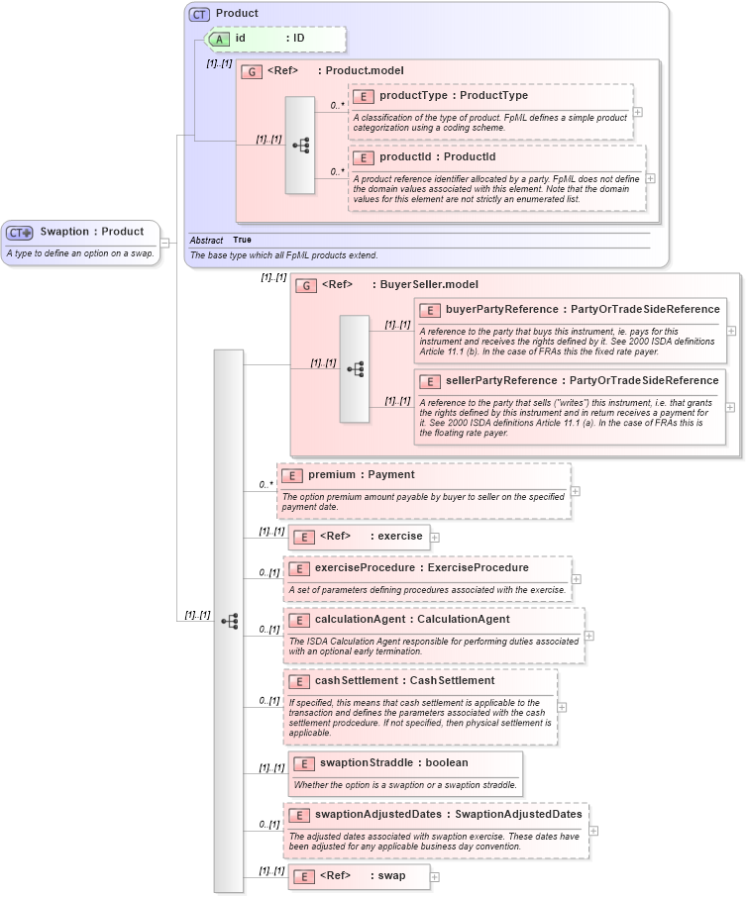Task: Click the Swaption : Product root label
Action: [x=91, y=232]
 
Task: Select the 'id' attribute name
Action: [x=241, y=39]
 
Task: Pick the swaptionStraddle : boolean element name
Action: [x=391, y=762]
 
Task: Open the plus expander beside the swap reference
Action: [x=434, y=876]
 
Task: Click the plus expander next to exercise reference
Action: [x=434, y=537]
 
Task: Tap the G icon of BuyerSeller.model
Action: [x=307, y=285]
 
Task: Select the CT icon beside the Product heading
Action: [x=199, y=14]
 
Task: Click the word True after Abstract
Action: [x=242, y=240]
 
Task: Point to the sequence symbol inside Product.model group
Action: [x=300, y=145]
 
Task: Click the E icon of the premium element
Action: [x=292, y=475]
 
